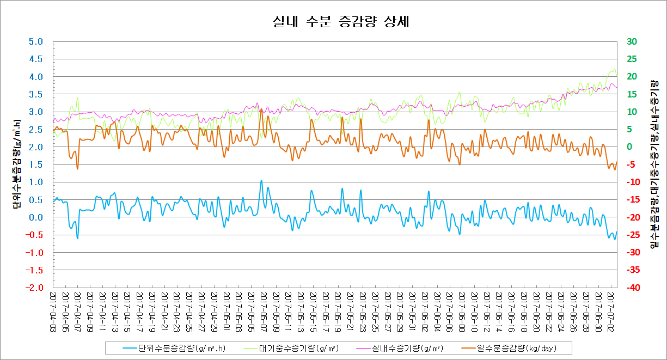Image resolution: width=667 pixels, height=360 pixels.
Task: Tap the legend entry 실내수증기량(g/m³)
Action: tap(407, 347)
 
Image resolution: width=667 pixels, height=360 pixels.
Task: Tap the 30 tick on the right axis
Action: tap(632, 42)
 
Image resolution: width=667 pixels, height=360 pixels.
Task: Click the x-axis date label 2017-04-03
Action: tap(53, 309)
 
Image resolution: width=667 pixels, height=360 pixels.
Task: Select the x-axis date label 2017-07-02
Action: tap(610, 309)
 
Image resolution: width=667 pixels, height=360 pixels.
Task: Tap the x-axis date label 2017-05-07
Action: tap(264, 309)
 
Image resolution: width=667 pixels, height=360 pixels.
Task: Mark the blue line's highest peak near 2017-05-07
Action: tap(261, 181)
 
